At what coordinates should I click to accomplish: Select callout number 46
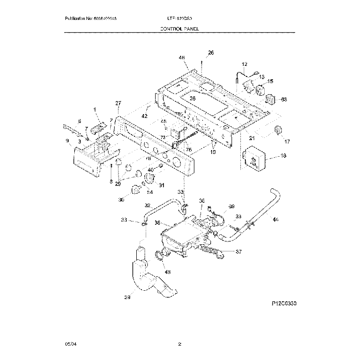[181, 58]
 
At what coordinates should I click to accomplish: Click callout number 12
[245, 65]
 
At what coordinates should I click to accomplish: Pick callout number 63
[284, 99]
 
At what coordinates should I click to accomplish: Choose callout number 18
[284, 157]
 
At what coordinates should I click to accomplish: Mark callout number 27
[117, 104]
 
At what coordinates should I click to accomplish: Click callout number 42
[145, 116]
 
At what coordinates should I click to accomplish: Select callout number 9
[68, 141]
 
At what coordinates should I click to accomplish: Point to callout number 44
[275, 220]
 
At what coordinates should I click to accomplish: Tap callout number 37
[239, 251]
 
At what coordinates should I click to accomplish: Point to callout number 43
[168, 271]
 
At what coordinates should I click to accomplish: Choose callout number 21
[251, 138]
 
